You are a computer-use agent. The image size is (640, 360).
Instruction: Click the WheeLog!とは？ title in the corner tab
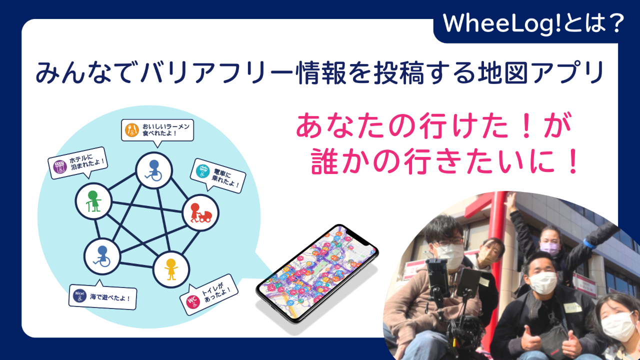[x=533, y=23]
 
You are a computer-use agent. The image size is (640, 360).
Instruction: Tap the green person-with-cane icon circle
[x=93, y=201]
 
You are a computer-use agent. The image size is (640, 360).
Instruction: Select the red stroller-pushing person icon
[x=200, y=213]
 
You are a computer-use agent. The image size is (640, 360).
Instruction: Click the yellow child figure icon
[x=171, y=269]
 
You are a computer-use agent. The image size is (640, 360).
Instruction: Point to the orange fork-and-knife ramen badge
[x=132, y=130]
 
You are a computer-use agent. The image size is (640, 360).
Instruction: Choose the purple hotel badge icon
[x=60, y=166]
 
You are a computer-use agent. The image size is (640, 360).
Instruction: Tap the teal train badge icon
[x=203, y=171]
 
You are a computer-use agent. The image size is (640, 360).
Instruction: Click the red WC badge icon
[x=193, y=301]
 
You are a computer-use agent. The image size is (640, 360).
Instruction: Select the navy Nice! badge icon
[x=79, y=295]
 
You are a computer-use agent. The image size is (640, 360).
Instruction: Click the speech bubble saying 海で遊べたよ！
[x=103, y=296]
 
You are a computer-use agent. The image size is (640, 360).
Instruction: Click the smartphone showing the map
[x=317, y=273]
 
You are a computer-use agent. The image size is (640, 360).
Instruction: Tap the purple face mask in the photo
[x=550, y=248]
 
